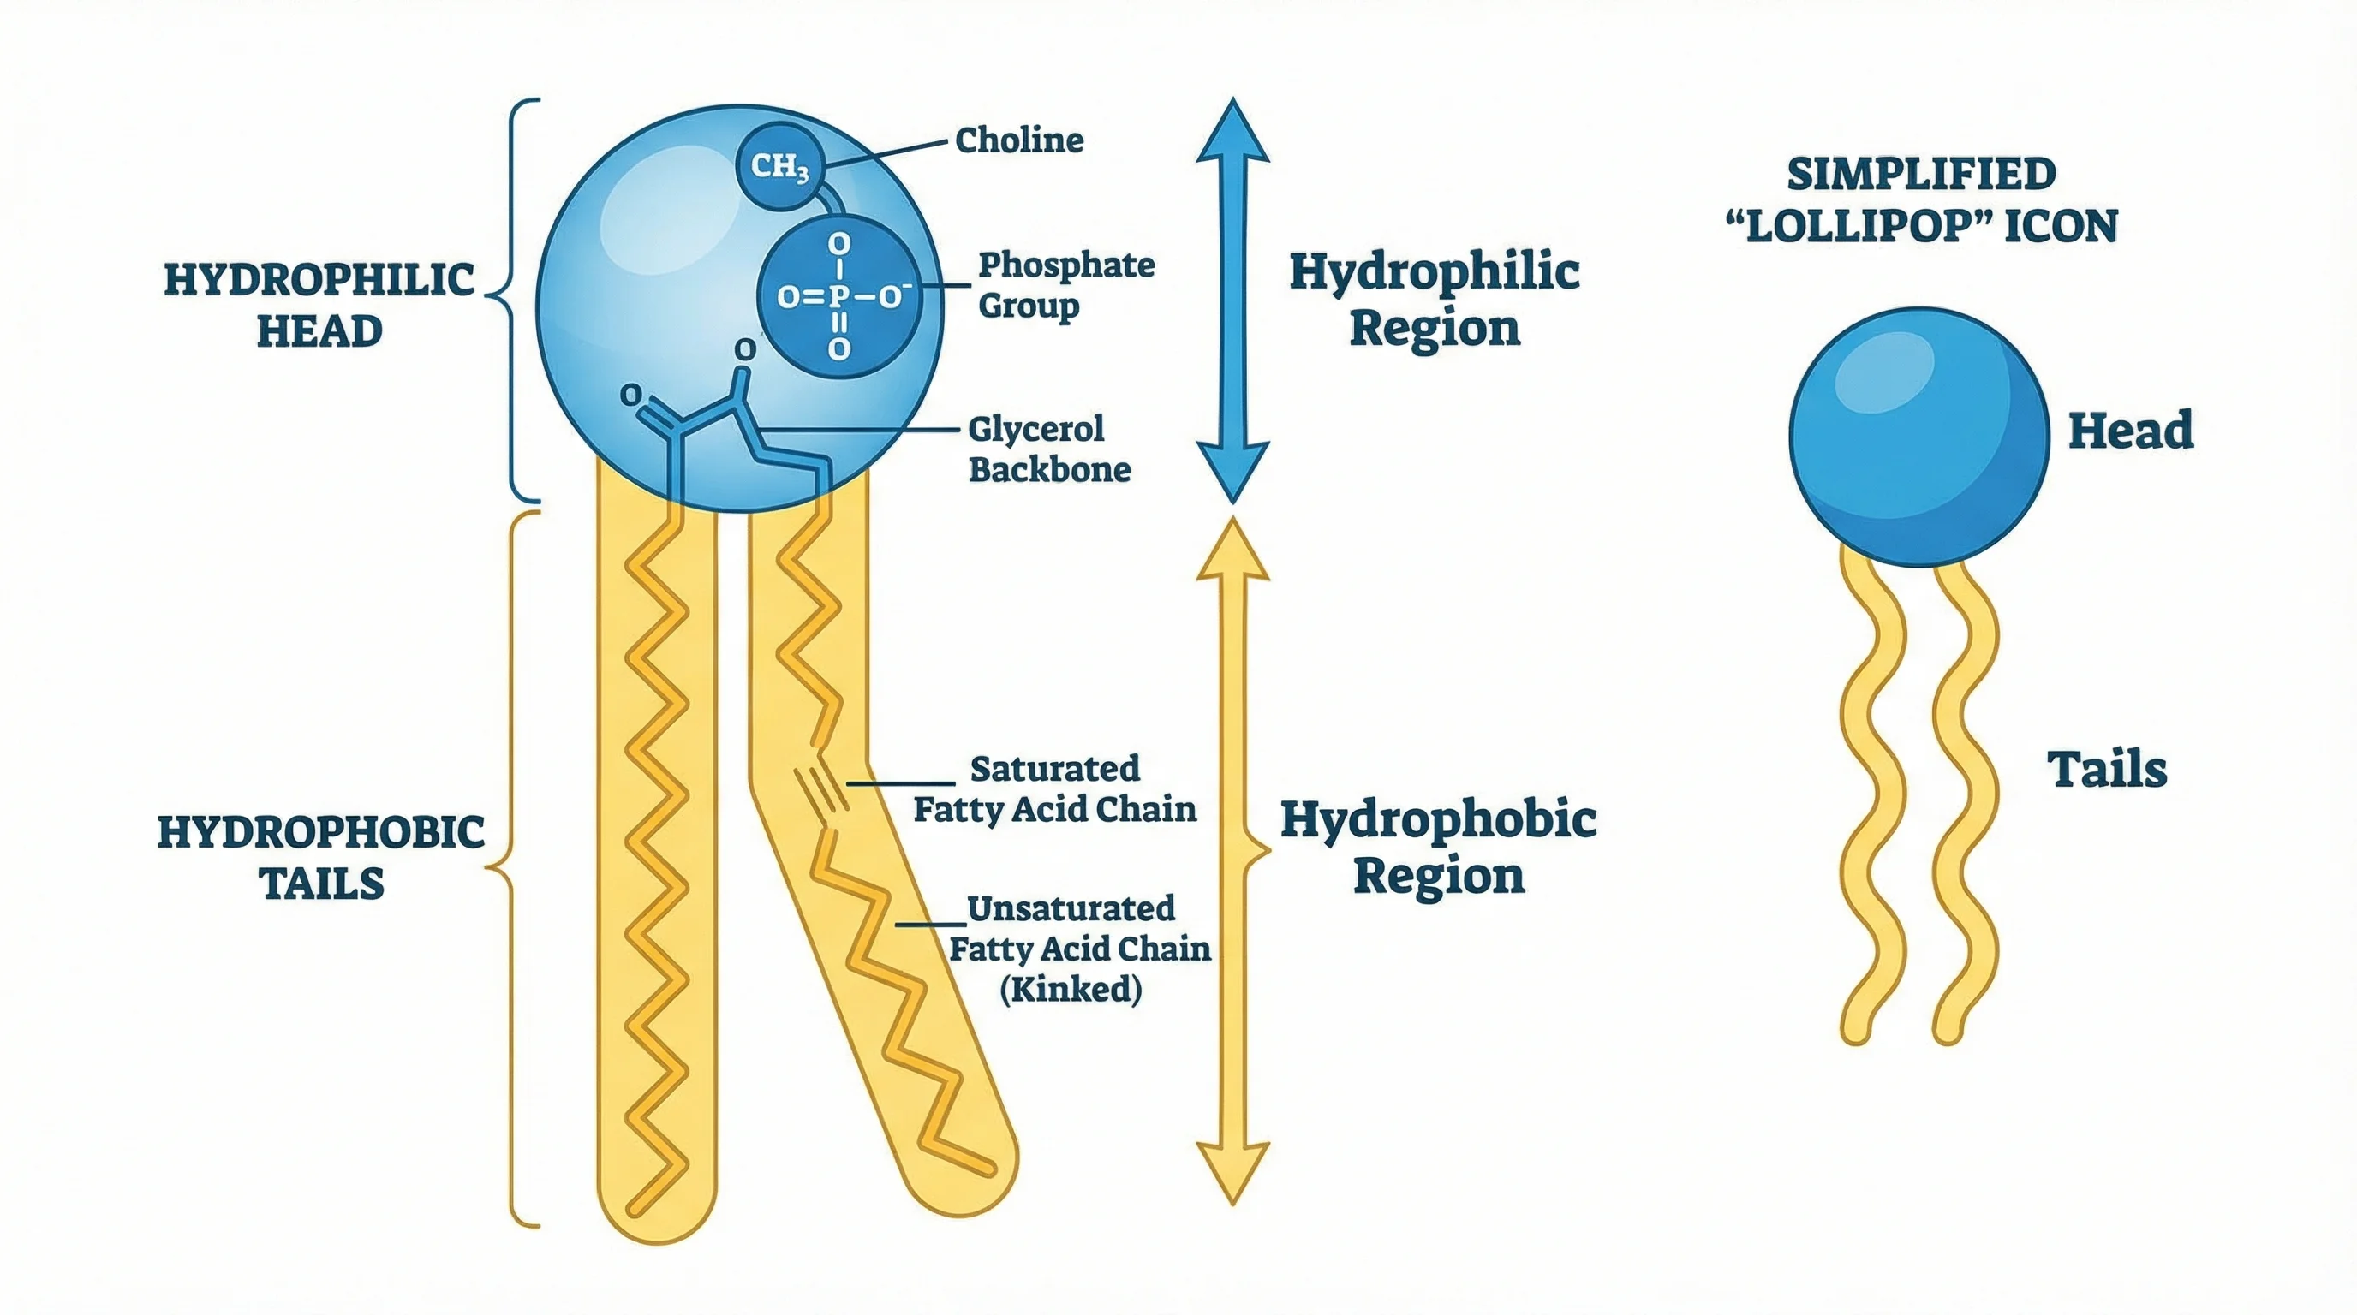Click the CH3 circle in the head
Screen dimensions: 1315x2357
pos(779,167)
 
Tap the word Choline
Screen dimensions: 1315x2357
pos(1018,140)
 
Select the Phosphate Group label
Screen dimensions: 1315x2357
pos(1066,284)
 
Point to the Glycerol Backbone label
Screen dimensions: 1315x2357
pos(1048,449)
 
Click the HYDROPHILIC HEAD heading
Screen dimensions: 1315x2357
pos(319,305)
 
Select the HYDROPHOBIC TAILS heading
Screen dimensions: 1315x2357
pos(321,857)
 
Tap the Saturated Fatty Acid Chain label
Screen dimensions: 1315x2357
pos(1055,788)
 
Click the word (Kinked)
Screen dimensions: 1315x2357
pos(1071,989)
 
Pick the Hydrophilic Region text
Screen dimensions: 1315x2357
pos(1434,299)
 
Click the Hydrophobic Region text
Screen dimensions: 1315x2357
pos(1437,847)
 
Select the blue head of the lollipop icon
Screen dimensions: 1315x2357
pos(1918,437)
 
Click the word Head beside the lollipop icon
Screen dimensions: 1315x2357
pos(2130,431)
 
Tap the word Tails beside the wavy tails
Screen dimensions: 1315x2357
pos(2106,769)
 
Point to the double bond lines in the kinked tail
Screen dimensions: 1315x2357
pos(820,791)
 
